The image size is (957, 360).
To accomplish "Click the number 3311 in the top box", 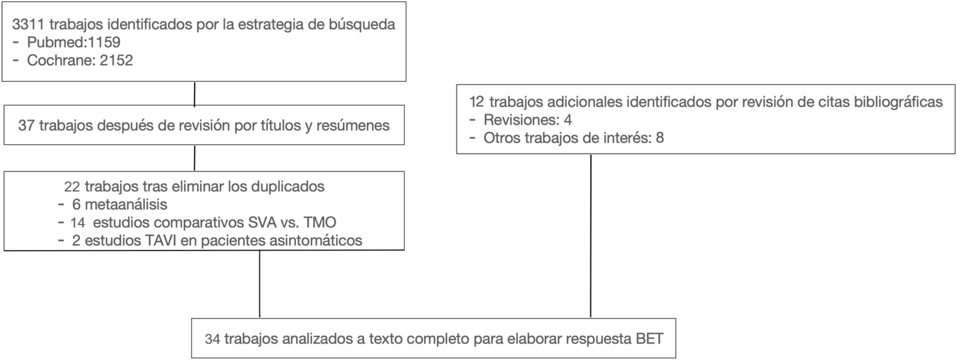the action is (x=28, y=24).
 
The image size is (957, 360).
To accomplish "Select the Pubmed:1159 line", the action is (x=73, y=42).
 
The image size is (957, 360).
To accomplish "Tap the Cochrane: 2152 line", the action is (x=80, y=60).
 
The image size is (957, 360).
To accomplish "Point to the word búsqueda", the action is (x=361, y=24).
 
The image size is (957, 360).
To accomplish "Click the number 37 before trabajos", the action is (x=26, y=126).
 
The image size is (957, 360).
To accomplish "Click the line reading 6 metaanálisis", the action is (x=119, y=204).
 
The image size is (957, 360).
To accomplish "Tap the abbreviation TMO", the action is (x=319, y=223).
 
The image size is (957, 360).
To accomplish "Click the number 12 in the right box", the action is (x=477, y=102).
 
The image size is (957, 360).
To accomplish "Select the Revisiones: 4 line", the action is (x=527, y=120).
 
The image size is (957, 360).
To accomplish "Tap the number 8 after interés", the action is (x=660, y=138).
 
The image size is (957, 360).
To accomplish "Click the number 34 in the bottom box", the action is (x=212, y=339).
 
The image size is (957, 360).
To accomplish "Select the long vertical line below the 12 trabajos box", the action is (x=591, y=236).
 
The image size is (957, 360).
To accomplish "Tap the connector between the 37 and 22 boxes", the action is (x=194, y=158).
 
